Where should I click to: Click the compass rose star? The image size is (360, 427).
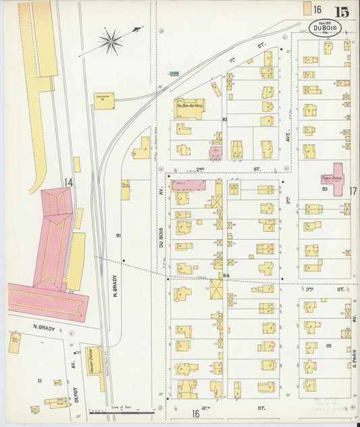[x=111, y=41]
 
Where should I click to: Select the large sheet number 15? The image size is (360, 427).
[x=341, y=11]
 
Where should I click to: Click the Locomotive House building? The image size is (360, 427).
[x=103, y=99]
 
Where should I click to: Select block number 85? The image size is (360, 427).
[x=328, y=345]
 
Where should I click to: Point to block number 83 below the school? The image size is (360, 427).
[x=325, y=190]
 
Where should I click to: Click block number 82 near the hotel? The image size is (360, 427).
[x=224, y=119]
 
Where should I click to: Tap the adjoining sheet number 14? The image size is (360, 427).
[x=68, y=182]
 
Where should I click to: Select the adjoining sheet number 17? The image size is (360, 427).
[x=353, y=191]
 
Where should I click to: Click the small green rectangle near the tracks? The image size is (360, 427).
[x=174, y=72]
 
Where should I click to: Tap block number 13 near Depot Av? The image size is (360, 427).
[x=39, y=381]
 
